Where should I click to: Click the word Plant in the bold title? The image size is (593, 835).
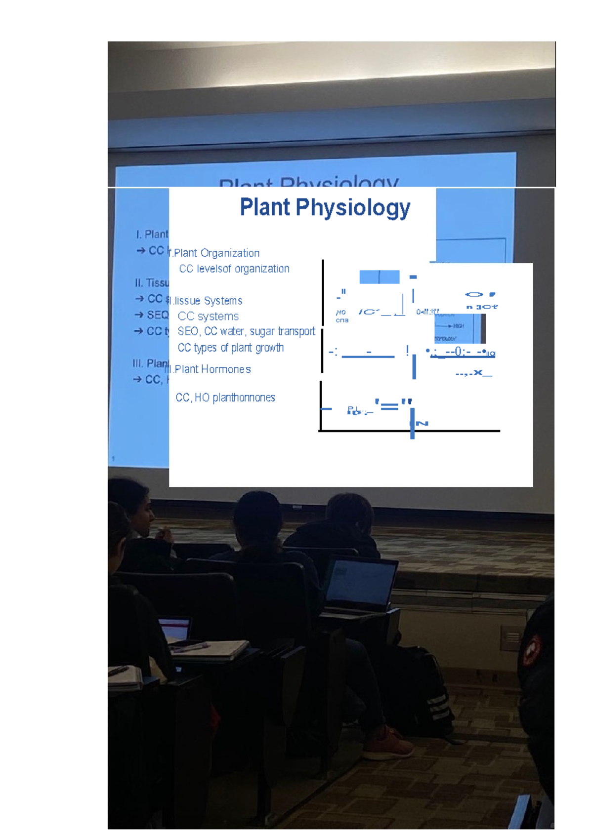265,207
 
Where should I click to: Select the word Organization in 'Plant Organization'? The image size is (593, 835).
230,253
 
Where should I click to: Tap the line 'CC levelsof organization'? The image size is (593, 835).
234,269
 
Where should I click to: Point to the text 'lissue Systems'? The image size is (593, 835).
208,301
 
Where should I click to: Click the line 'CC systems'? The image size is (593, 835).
208,317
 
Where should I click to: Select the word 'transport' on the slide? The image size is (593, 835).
296,331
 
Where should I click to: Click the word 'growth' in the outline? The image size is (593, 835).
269,348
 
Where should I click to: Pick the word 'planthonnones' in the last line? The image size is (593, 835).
244,398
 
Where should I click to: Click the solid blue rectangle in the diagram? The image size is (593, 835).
379,277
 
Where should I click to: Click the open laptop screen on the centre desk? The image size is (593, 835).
361,586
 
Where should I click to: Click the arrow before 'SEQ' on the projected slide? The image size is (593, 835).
139,315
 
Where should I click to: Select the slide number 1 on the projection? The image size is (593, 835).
113,459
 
